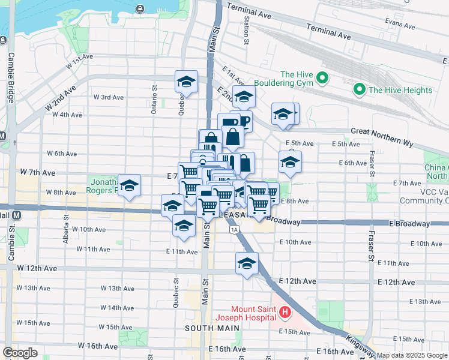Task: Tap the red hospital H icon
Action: coord(285,312)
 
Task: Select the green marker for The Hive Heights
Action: coord(360,90)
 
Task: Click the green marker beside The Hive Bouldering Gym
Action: coord(322,79)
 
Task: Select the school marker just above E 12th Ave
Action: coord(247,263)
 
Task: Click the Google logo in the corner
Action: coord(20,353)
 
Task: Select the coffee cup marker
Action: coord(243,122)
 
